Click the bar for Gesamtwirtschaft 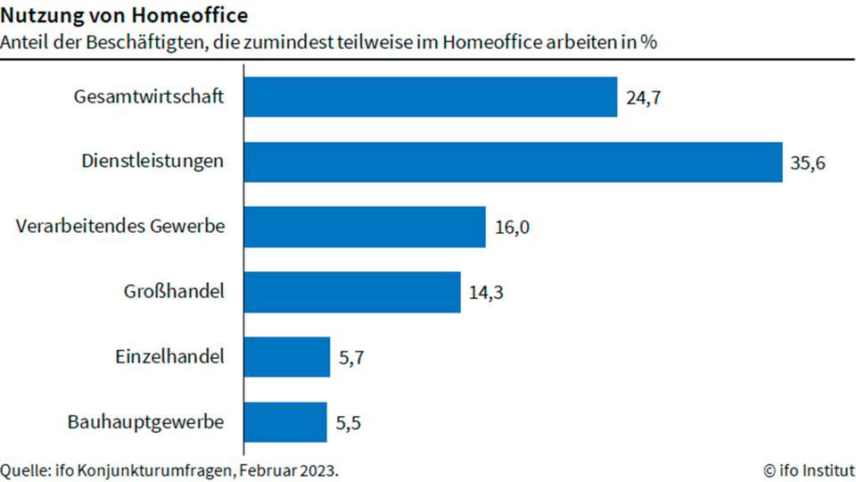pyautogui.click(x=431, y=96)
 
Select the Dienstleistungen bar pyautogui.click(x=513, y=162)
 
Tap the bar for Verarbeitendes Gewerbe pyautogui.click(x=365, y=227)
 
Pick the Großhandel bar pyautogui.click(x=352, y=292)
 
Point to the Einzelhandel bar pyautogui.click(x=287, y=357)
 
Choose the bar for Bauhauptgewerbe pyautogui.click(x=285, y=422)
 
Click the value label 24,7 pyautogui.click(x=643, y=97)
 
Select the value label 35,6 pyautogui.click(x=808, y=162)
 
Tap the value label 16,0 pyautogui.click(x=512, y=228)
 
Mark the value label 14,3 pyautogui.click(x=487, y=293)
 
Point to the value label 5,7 pyautogui.click(x=352, y=358)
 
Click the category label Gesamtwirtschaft pyautogui.click(x=148, y=96)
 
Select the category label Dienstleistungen pyautogui.click(x=152, y=162)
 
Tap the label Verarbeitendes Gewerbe pyautogui.click(x=120, y=227)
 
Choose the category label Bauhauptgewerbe pyautogui.click(x=145, y=422)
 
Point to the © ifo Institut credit pyautogui.click(x=809, y=470)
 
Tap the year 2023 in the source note pyautogui.click(x=318, y=470)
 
